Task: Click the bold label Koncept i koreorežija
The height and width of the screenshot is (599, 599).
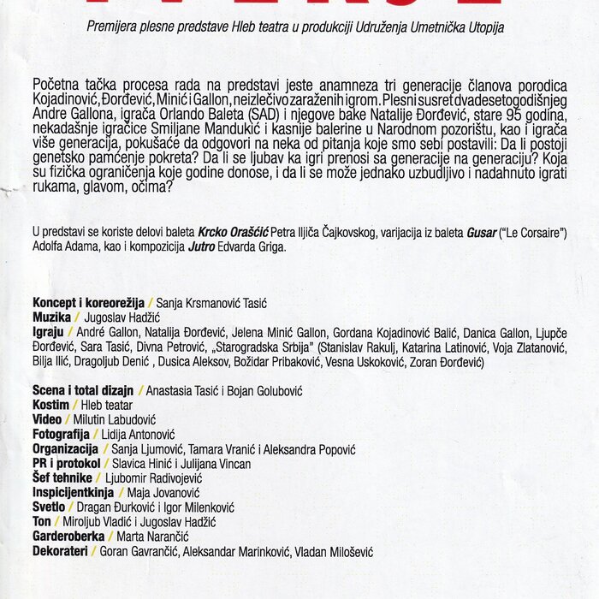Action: [88, 304]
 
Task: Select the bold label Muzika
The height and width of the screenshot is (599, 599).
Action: [51, 317]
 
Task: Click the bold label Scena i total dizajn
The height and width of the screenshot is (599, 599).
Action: [86, 390]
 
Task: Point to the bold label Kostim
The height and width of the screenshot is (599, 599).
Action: [50, 405]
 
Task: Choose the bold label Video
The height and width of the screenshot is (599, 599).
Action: [47, 419]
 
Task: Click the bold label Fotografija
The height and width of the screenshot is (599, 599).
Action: [64, 434]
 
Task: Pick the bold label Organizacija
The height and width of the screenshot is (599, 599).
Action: [67, 448]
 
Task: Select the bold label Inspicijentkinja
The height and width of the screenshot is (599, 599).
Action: [73, 492]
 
